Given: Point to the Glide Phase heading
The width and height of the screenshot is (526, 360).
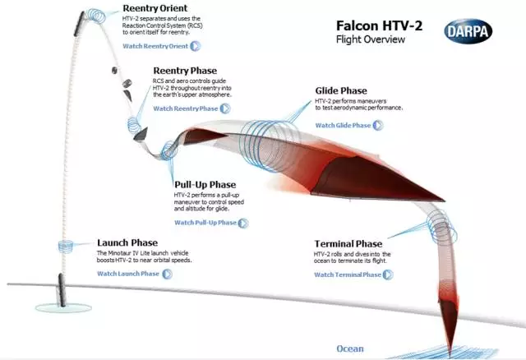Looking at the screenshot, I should coord(341,90).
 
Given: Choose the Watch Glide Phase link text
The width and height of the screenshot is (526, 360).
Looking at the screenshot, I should coord(343,126).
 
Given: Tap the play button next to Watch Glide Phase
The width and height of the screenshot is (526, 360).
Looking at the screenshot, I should coord(378,126).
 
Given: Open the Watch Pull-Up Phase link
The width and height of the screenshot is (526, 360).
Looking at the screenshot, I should coord(205,223).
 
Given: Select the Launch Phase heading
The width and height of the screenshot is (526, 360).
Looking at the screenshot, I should coord(127,242).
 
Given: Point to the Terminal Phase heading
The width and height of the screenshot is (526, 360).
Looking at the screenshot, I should coord(348,244).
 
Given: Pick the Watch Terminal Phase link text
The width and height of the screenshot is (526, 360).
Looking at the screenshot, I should coord(348,275).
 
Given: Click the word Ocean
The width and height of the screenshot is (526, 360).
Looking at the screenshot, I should coord(349,348).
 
